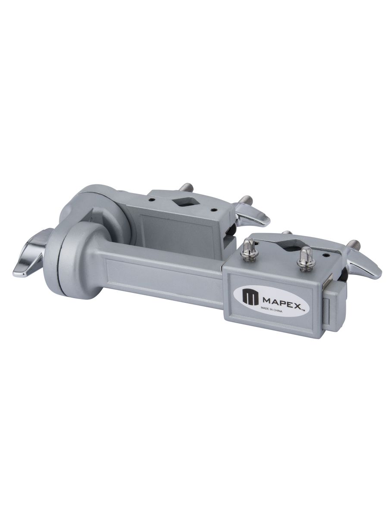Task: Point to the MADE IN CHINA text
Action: pos(270,310)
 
